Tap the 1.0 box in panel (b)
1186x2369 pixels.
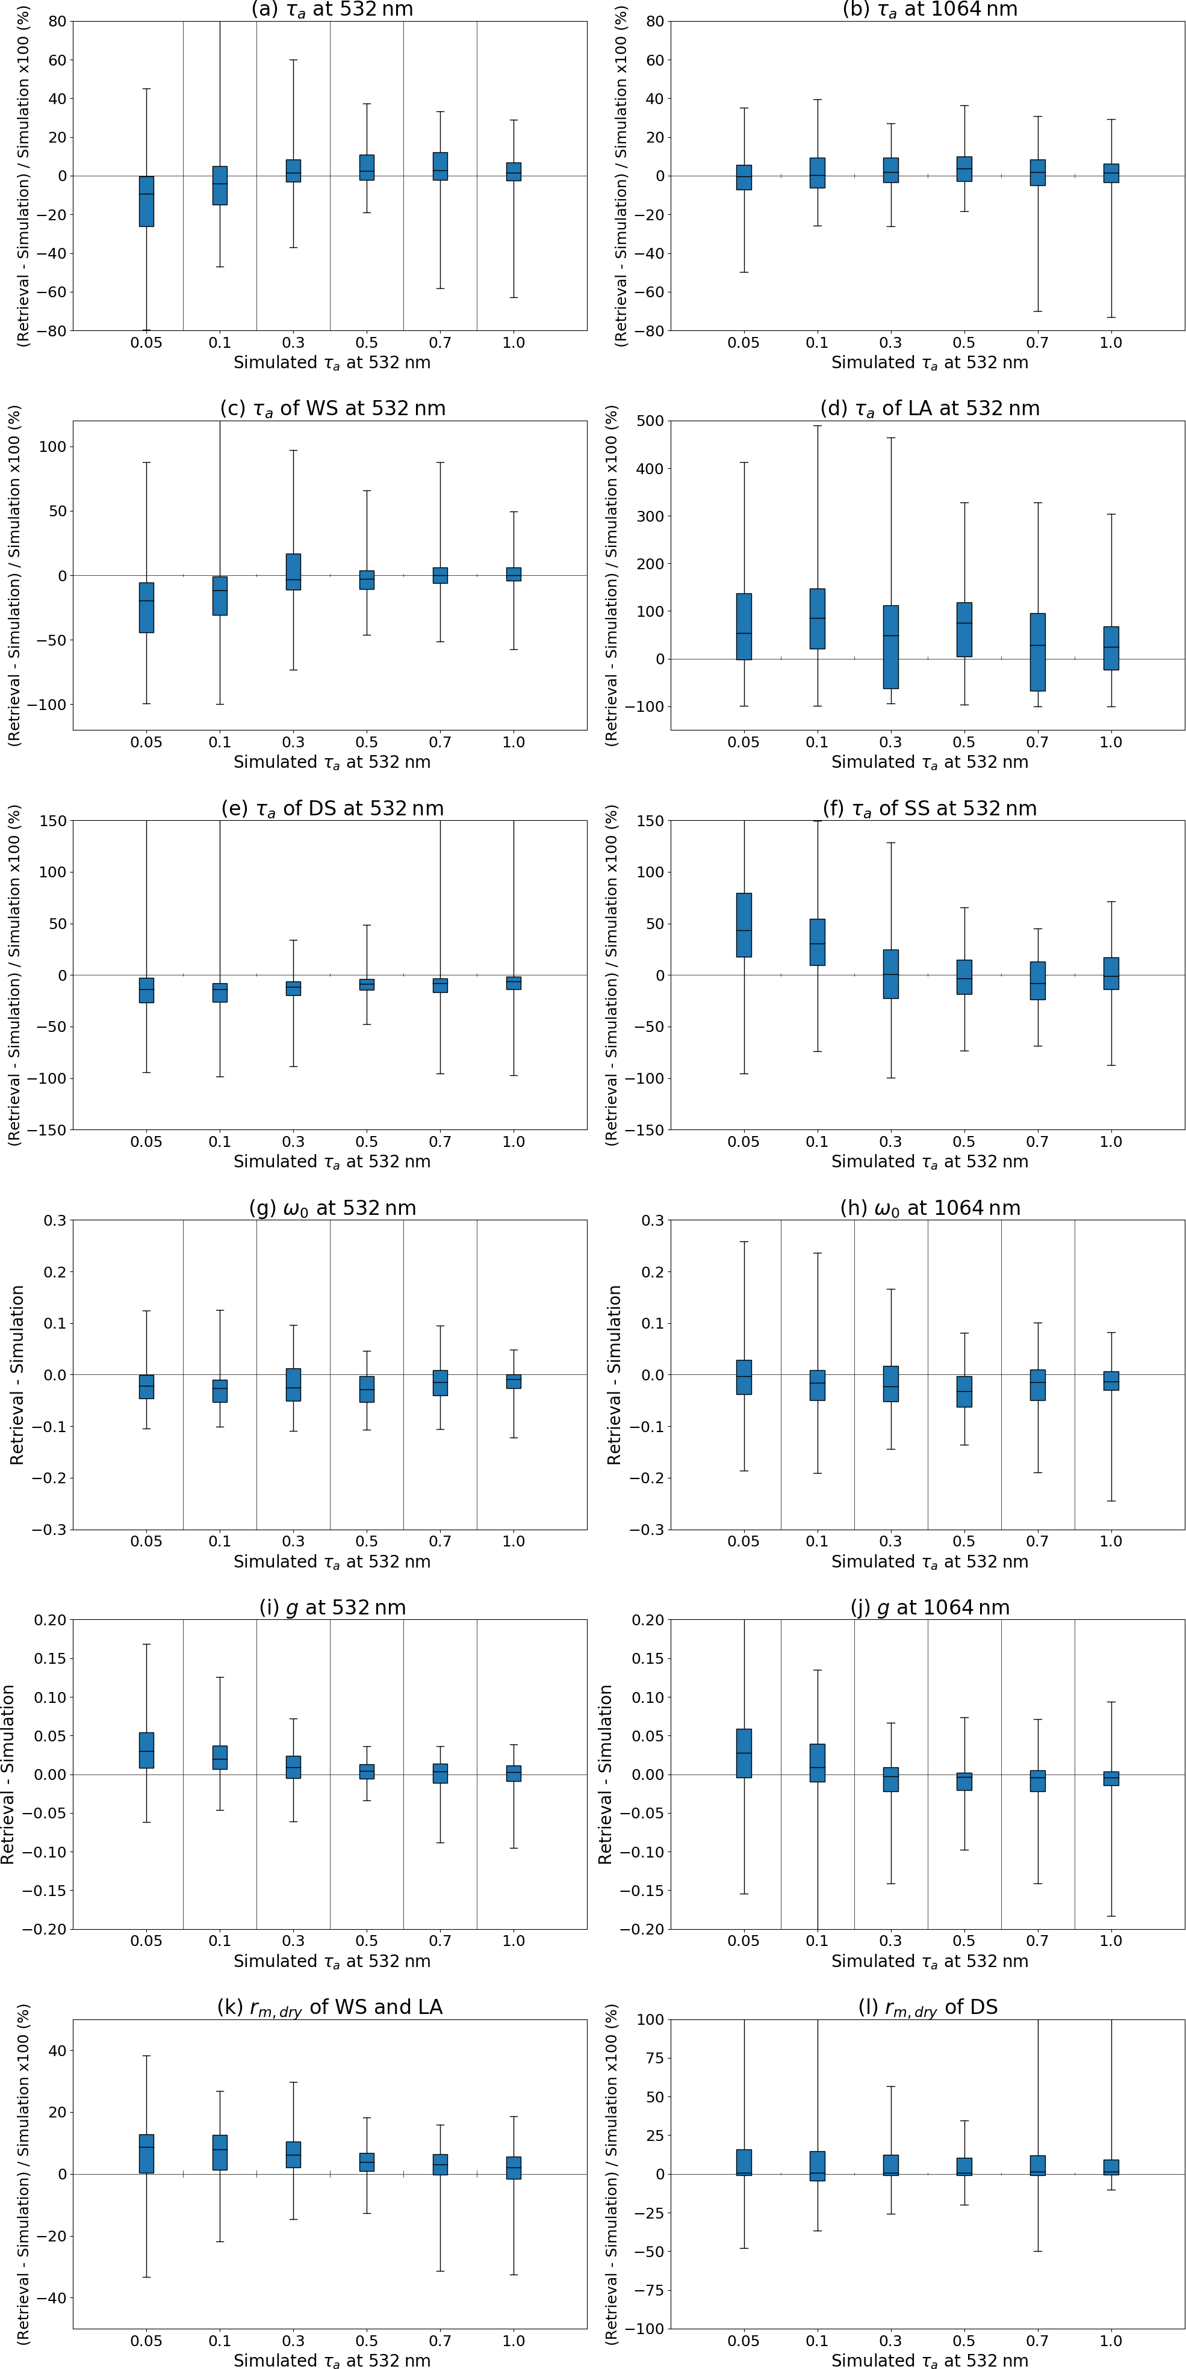click(x=1111, y=173)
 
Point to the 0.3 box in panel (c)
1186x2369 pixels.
click(x=294, y=571)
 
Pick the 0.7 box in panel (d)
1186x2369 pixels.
click(x=1038, y=652)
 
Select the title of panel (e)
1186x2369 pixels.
click(x=332, y=808)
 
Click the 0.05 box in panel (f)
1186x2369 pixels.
click(x=744, y=925)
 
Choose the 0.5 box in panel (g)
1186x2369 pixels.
click(x=367, y=1389)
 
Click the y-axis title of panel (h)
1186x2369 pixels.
click(x=615, y=1375)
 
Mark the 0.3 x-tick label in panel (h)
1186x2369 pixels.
click(x=890, y=1541)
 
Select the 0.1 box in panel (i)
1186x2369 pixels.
click(x=220, y=1758)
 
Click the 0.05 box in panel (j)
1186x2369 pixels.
click(x=744, y=1753)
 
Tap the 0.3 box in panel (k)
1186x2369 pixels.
click(x=294, y=2155)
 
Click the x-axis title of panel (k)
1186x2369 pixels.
click(x=332, y=2361)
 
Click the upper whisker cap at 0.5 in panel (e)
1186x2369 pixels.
click(x=367, y=925)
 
